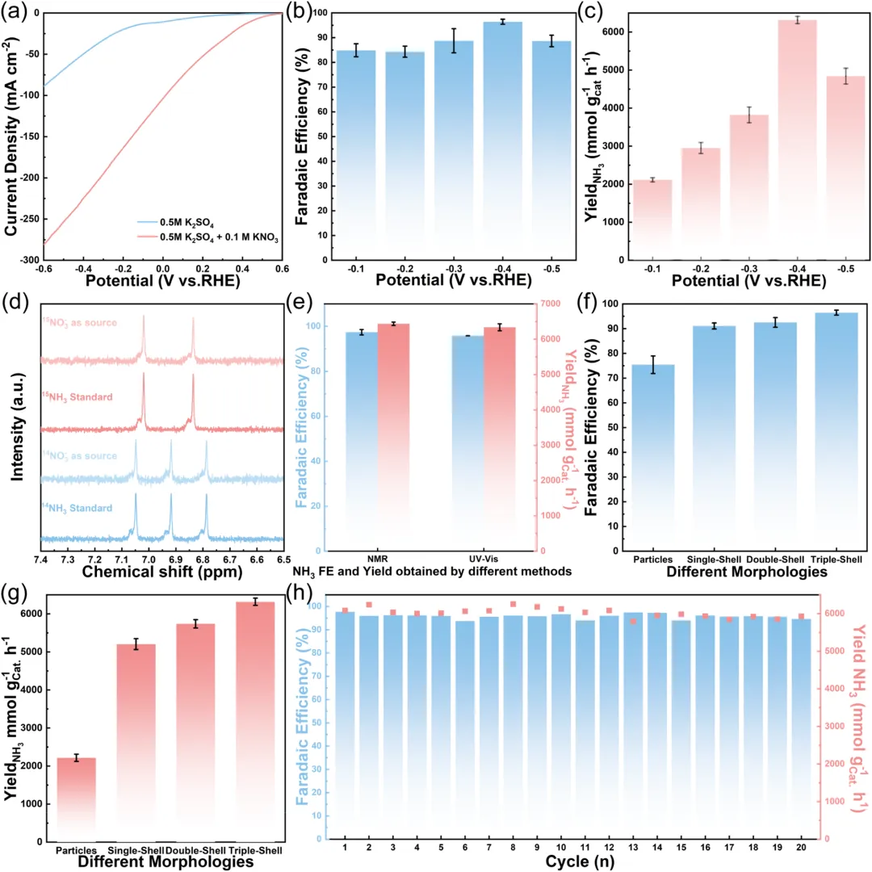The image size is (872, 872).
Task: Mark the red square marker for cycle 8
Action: tap(513, 604)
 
